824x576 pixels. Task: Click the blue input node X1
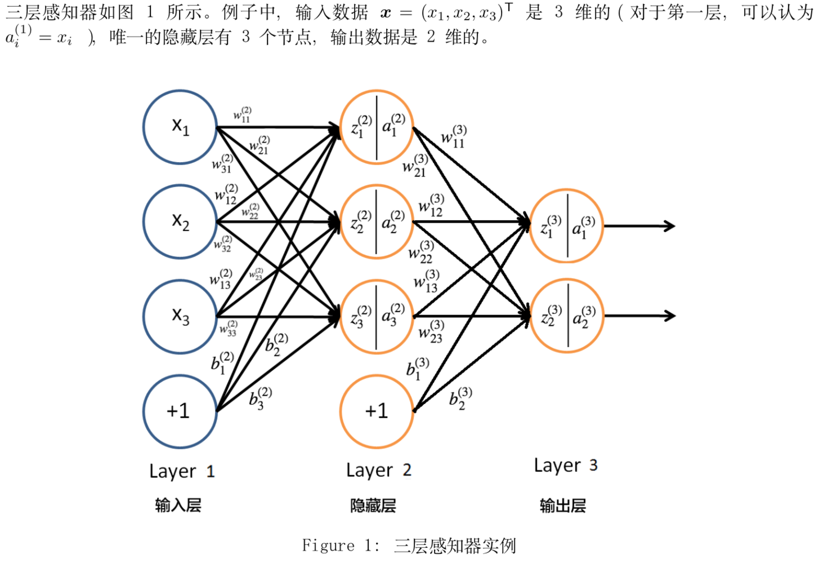pos(180,127)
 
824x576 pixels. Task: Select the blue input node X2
pos(180,221)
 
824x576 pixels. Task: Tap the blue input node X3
pos(180,316)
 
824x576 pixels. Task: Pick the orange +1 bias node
pos(377,411)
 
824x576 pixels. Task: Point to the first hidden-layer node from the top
pos(377,127)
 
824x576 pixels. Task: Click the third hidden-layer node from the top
pos(377,317)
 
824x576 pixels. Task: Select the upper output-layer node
pos(566,226)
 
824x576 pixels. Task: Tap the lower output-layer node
pos(566,316)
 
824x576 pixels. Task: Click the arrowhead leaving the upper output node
pos(670,226)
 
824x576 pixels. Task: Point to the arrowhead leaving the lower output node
pos(670,316)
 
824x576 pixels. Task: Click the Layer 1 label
pos(182,471)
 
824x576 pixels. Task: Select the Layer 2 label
pos(378,470)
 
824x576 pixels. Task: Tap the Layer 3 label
pos(566,466)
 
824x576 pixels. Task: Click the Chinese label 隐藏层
pos(373,506)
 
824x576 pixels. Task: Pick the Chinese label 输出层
pos(562,506)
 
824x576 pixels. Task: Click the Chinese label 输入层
pos(178,505)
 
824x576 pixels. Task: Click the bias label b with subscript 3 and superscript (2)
pos(260,398)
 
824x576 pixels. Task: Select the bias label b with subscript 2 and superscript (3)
pos(460,398)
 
